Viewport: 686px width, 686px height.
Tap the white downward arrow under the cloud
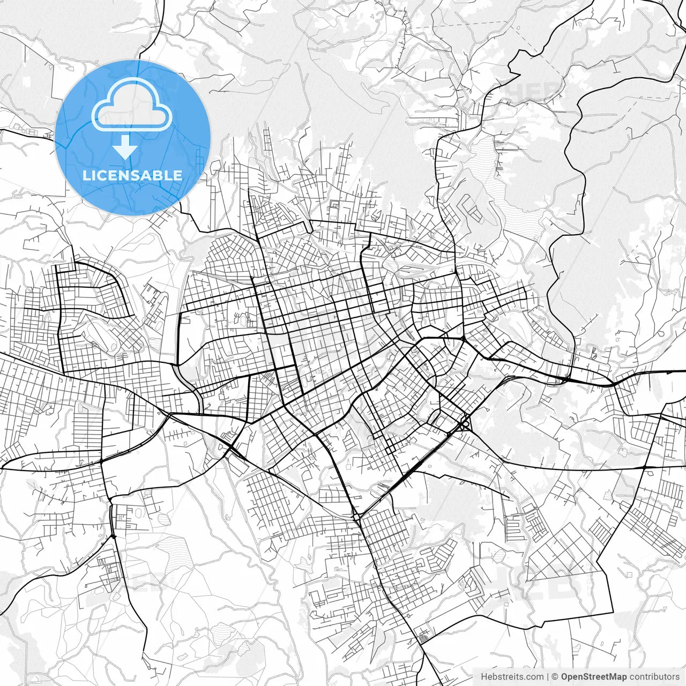[125, 147]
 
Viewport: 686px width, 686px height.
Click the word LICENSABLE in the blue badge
[132, 175]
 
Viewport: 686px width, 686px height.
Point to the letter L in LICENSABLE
[86, 175]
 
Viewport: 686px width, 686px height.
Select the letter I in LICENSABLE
[94, 175]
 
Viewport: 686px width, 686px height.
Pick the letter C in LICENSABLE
[103, 175]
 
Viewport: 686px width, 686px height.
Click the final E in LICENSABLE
[178, 175]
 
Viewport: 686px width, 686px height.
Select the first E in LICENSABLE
[114, 175]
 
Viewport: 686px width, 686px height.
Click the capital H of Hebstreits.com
[484, 677]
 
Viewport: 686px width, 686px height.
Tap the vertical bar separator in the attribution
[548, 677]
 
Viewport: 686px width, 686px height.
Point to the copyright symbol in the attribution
[555, 677]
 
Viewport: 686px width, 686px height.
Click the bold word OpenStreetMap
[594, 677]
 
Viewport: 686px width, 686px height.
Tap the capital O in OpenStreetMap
[565, 677]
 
